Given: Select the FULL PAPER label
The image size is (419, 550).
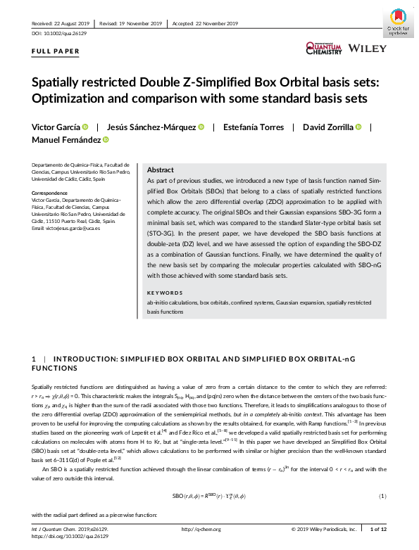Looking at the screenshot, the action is pos(56,52).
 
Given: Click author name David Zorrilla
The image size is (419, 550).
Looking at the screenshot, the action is pos(327,127).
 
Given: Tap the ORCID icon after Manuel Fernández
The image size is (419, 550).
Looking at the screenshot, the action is pos(108,141).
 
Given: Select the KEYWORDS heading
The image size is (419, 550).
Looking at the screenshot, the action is pos(165,293).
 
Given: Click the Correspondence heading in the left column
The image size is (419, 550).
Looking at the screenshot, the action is pos(54,193).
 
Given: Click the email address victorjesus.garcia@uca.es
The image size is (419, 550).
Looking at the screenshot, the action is pos(66,229).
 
